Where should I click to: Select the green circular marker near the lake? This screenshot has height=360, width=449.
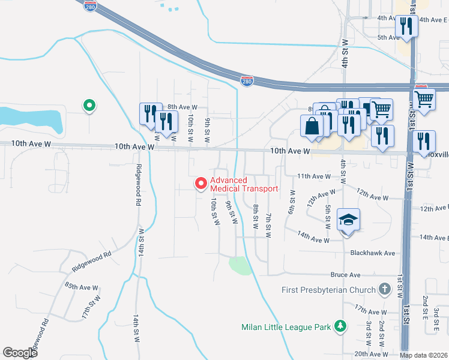coord(89,106)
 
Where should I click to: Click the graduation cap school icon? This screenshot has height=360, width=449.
coord(348,220)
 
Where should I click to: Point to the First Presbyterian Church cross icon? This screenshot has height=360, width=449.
coord(385,290)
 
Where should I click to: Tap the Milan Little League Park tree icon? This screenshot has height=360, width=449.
coord(341,327)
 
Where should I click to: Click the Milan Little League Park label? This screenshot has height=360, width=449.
coord(286,328)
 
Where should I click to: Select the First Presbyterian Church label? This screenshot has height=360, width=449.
coord(330,290)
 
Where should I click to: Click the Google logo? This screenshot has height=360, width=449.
coord(20,353)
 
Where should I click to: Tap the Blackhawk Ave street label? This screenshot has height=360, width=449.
coord(373,253)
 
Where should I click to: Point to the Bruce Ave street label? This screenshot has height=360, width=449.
coord(345,275)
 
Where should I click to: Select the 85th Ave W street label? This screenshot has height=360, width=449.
coord(79,287)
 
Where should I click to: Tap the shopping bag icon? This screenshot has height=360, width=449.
coord(312,126)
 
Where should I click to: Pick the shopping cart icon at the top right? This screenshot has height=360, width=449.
coord(424,98)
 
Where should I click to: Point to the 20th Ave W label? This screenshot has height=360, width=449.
coord(370,354)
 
